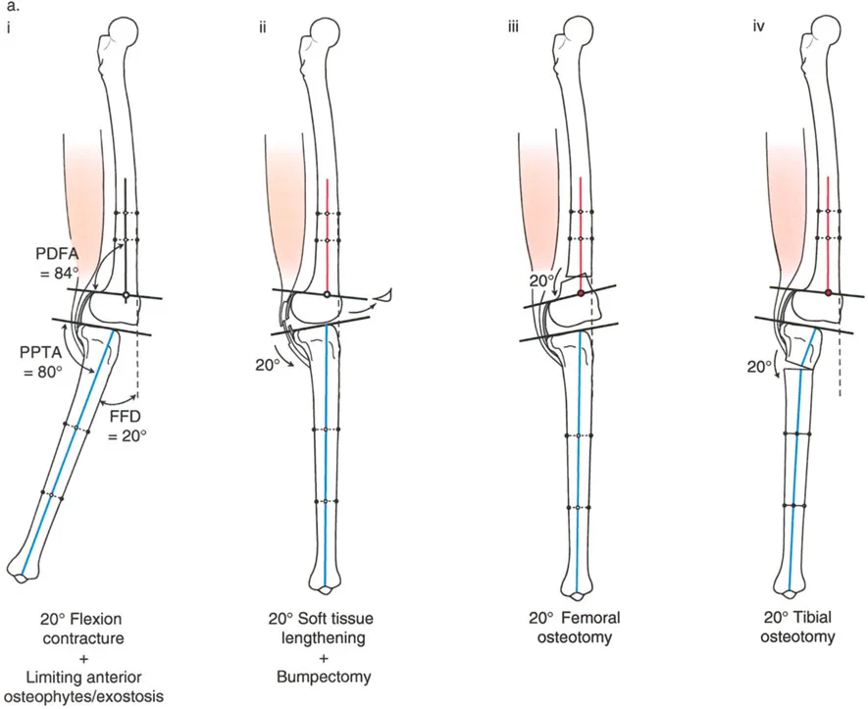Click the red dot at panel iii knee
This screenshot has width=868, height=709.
click(581, 293)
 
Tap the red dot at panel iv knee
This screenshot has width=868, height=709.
click(829, 293)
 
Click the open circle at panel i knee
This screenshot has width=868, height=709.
click(127, 294)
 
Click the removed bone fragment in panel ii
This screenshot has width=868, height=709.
click(385, 293)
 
